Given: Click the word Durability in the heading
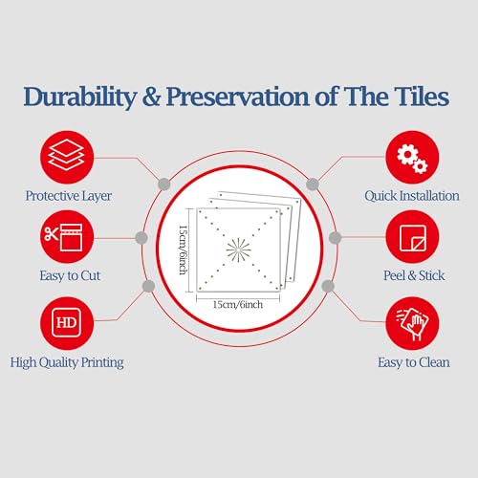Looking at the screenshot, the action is pyautogui.click(x=80, y=97).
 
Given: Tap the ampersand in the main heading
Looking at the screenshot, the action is pyautogui.click(x=151, y=97).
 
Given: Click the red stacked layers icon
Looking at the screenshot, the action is pyautogui.click(x=67, y=157).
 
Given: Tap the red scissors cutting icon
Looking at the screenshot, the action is pyautogui.click(x=67, y=237).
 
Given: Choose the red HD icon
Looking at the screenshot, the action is pyautogui.click(x=67, y=323).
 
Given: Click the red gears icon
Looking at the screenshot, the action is pyautogui.click(x=412, y=157).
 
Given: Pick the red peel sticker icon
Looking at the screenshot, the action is pyautogui.click(x=412, y=237).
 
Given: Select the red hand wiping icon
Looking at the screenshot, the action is pyautogui.click(x=412, y=323).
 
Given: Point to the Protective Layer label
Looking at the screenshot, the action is pyautogui.click(x=69, y=196).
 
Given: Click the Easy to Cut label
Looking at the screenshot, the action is pyautogui.click(x=70, y=275).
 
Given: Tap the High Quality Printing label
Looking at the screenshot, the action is pyautogui.click(x=67, y=362).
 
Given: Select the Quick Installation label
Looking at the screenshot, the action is pyautogui.click(x=412, y=196).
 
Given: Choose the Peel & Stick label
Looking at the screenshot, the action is pyautogui.click(x=414, y=275).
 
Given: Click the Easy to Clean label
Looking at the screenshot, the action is pyautogui.click(x=414, y=362).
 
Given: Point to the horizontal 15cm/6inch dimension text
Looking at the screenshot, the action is pyautogui.click(x=238, y=305).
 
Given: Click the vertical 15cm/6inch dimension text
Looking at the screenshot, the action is pyautogui.click(x=183, y=250).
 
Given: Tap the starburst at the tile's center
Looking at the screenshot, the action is pyautogui.click(x=238, y=250).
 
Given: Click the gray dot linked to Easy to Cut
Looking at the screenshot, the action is pyautogui.click(x=141, y=238).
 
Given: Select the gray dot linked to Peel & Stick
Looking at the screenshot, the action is pyautogui.click(x=335, y=238).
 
